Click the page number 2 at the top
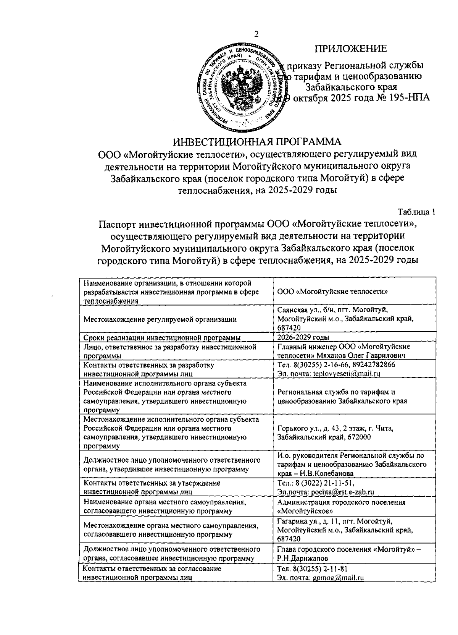256,34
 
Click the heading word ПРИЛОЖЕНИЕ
350,49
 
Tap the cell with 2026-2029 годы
303,337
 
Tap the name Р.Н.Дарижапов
298,558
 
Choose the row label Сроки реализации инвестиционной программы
162,337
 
